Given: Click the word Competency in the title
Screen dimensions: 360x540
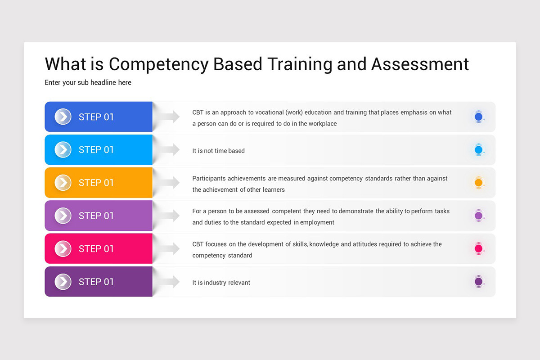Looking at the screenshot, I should click(x=159, y=64).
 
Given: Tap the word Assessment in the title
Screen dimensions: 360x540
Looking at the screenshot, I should click(x=420, y=64).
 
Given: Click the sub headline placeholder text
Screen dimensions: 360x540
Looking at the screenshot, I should click(x=88, y=82).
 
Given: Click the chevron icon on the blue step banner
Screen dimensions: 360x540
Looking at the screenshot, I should click(x=63, y=117).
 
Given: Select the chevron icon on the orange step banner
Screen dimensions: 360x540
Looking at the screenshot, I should click(x=63, y=183).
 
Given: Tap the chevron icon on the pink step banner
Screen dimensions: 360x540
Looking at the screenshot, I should click(x=63, y=248).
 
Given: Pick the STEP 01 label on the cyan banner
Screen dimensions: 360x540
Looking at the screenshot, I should click(x=96, y=150).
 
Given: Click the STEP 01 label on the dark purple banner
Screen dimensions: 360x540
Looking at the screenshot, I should click(x=96, y=282).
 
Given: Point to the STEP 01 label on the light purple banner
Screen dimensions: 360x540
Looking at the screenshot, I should click(x=96, y=216).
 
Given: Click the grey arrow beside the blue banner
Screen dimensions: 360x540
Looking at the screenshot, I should click(x=169, y=117).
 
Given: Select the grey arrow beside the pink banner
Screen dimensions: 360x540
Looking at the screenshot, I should click(x=169, y=248).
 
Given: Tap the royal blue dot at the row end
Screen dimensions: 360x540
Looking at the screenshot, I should click(x=478, y=117).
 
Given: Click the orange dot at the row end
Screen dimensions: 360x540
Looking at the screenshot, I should click(x=478, y=183).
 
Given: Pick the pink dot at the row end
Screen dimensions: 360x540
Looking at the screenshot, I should click(x=478, y=248).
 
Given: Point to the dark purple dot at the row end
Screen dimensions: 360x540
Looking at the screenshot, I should click(x=478, y=282).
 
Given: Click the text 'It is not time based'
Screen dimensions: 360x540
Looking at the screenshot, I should click(x=219, y=151).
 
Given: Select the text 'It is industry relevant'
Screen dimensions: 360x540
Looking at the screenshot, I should click(x=221, y=283).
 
